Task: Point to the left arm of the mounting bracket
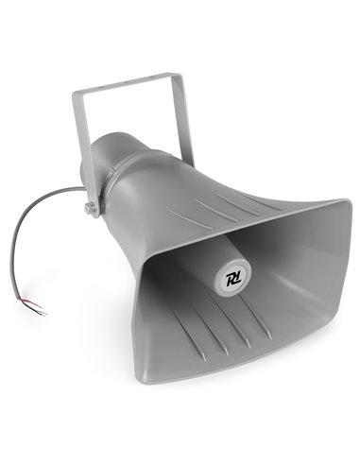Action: click(79, 142)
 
